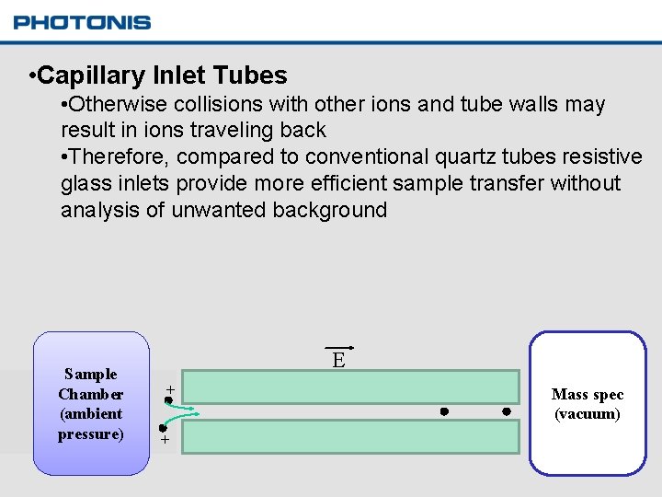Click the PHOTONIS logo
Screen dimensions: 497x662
click(x=82, y=22)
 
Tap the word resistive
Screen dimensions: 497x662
click(x=600, y=156)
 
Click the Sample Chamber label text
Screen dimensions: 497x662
click(x=90, y=403)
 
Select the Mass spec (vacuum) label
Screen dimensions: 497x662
click(x=588, y=404)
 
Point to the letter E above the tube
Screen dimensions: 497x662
click(x=338, y=360)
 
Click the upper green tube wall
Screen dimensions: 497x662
click(x=359, y=387)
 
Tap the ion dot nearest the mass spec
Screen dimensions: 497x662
click(x=506, y=411)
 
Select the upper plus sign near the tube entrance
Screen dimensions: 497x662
click(x=170, y=389)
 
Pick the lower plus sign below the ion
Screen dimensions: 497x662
click(x=165, y=441)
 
